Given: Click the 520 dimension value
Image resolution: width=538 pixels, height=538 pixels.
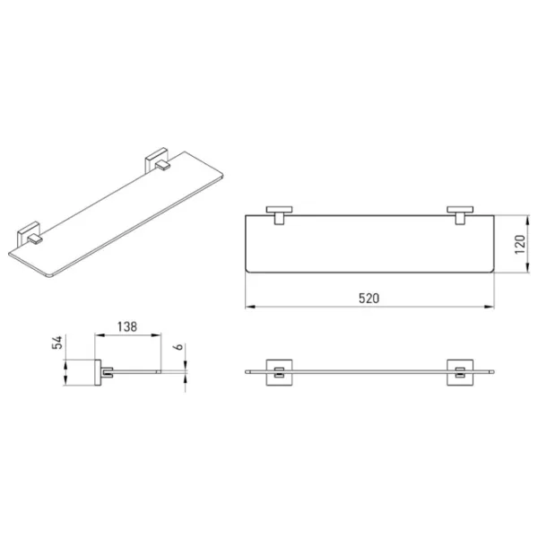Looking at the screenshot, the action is coord(369,299).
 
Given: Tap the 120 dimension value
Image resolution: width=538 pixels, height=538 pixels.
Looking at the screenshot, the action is coord(520,244).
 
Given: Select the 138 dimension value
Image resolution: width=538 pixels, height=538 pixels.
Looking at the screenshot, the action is coord(127,326).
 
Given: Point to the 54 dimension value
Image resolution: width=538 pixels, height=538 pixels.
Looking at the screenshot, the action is coord(57,343).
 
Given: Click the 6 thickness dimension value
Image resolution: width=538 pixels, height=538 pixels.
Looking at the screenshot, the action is coord(178,347).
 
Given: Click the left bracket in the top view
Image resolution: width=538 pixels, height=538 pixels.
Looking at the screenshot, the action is coord(279,215).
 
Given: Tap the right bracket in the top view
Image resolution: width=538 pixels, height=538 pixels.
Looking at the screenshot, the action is coord(460,215).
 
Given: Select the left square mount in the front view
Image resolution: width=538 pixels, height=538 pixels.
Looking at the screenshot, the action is coord(279,372).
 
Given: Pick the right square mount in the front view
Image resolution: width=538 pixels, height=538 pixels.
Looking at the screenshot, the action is coord(460,372).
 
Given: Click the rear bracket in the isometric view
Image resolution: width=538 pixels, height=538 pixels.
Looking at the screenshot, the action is coord(157,160).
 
